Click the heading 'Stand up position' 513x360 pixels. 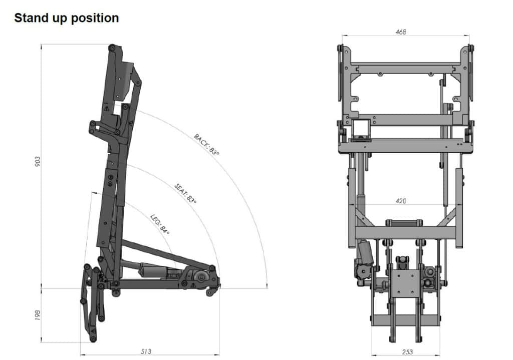67,18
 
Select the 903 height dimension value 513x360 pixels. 38,161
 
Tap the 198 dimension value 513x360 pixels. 38,315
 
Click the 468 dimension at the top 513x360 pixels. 401,32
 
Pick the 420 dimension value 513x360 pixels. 401,201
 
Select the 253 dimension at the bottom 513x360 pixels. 407,352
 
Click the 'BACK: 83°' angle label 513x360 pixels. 206,144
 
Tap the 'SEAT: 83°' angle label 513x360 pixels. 185,193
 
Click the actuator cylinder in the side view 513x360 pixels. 150,271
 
